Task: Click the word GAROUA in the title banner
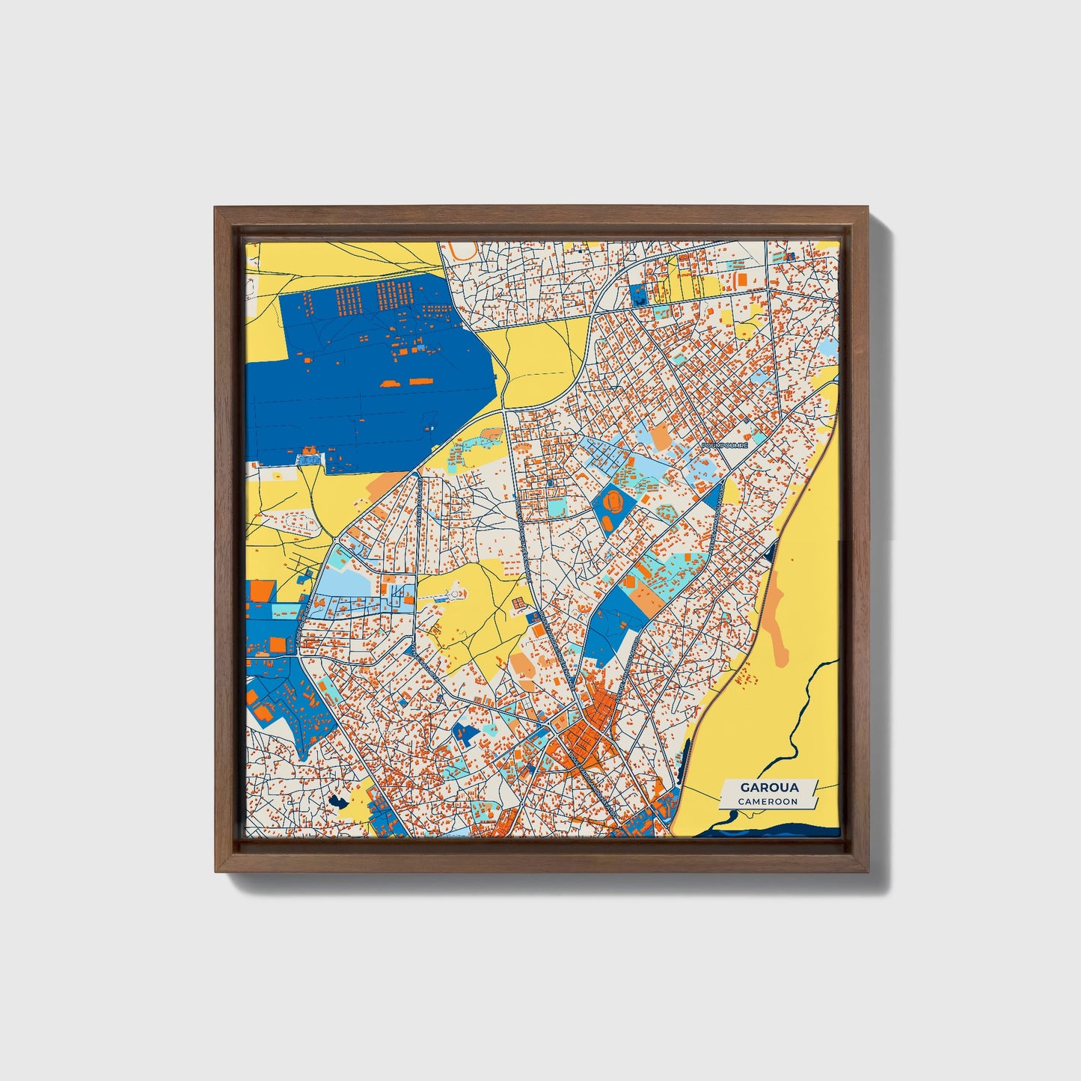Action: tap(769, 787)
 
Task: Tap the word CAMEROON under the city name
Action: tap(768, 801)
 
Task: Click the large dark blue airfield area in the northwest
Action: tap(359, 389)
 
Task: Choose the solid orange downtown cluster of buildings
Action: tap(587, 737)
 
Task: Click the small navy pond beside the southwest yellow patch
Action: tap(337, 801)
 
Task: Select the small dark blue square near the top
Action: tap(639, 295)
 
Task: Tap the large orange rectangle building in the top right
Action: tap(741, 279)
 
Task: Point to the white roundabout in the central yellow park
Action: tap(453, 594)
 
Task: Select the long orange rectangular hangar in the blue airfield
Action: tap(419, 381)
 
